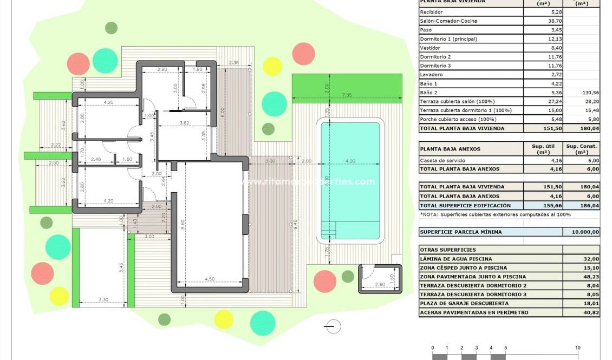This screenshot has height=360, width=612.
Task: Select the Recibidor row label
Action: tap(432, 12)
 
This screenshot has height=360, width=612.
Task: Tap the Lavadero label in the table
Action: tap(432, 74)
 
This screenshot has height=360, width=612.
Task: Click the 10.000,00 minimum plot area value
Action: tap(582, 232)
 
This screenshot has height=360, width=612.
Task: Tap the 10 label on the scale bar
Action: tap(578, 348)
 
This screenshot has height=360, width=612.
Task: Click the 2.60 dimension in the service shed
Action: tap(380, 284)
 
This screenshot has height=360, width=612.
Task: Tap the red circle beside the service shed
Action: tap(325, 281)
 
